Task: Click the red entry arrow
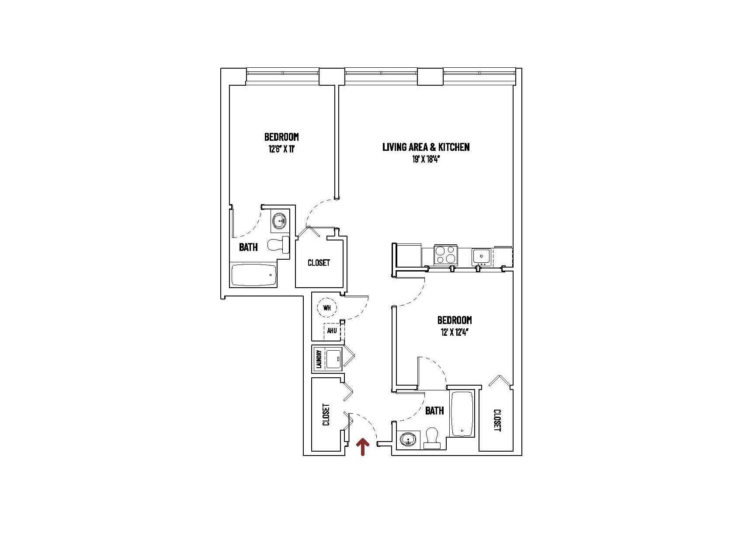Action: click(362, 447)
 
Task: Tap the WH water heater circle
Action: click(327, 307)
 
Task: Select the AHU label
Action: click(332, 331)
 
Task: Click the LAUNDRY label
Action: click(319, 359)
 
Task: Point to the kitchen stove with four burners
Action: click(445, 255)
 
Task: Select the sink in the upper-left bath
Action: click(278, 221)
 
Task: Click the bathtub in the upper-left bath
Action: click(253, 275)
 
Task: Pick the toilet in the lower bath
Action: click(432, 438)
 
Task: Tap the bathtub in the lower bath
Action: click(462, 414)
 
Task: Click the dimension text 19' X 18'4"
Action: click(425, 160)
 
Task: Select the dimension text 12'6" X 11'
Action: click(281, 149)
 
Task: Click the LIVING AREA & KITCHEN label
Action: click(426, 147)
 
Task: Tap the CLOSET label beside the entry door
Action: click(326, 414)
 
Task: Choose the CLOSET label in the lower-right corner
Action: click(497, 420)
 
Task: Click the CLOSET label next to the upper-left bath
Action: click(319, 263)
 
